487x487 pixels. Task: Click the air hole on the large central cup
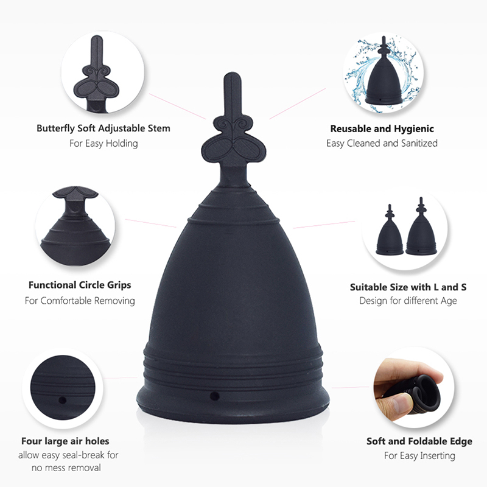[215, 396]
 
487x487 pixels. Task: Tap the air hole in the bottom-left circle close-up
[63, 400]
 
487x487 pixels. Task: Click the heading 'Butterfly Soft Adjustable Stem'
[103, 128]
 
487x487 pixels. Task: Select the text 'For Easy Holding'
[103, 144]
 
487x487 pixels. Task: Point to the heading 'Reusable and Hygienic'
[382, 128]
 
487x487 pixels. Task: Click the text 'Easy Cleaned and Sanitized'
[382, 143]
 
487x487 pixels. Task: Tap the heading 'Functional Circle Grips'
[80, 285]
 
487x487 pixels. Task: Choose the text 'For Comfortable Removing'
[80, 301]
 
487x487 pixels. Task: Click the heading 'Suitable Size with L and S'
[408, 287]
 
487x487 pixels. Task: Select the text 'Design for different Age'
[408, 301]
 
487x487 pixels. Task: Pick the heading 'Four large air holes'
[65, 441]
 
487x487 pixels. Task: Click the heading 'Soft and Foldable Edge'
[419, 441]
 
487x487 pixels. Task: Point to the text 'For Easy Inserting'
[419, 455]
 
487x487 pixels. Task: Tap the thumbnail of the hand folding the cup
[413, 387]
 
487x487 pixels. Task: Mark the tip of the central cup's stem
[233, 72]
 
